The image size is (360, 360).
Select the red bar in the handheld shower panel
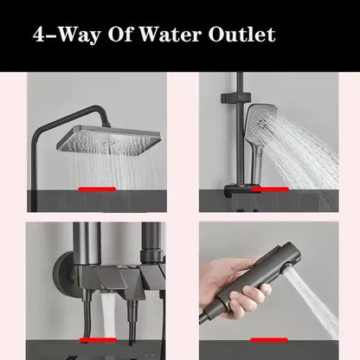coord(260,187)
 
